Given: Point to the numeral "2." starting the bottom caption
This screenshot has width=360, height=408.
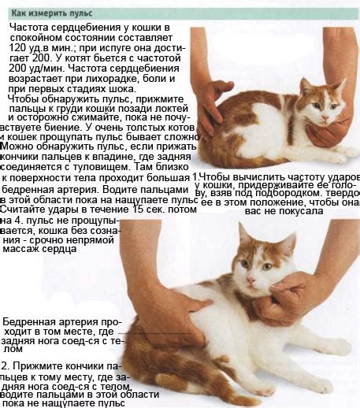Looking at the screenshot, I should [x=6, y=366].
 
